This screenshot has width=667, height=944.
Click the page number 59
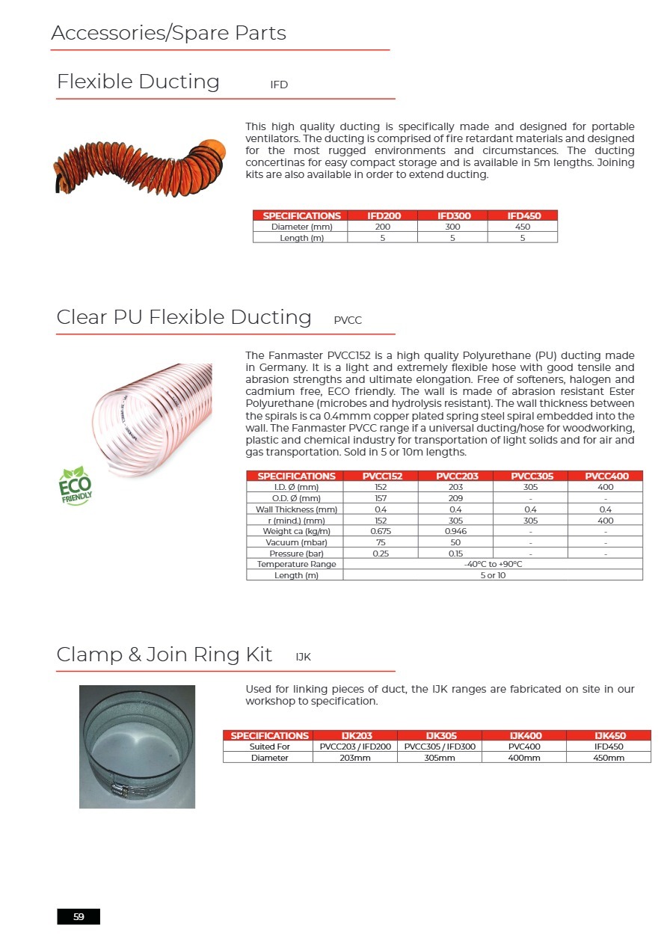point(79,916)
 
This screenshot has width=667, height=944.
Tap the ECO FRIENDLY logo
point(75,485)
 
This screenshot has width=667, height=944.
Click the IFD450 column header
point(522,215)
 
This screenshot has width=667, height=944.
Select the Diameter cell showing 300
point(452,227)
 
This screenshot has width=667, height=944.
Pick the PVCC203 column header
point(455,476)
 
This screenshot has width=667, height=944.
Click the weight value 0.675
point(381,531)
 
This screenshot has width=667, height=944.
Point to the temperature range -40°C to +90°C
point(493,564)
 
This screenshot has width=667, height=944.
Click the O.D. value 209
point(455,498)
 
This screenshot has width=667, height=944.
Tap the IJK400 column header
point(524,735)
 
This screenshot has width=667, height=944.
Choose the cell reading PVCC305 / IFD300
point(440,747)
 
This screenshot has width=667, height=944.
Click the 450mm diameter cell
point(609,758)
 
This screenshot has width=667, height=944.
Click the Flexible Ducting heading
point(138,82)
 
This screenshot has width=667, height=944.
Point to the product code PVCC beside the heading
point(348,320)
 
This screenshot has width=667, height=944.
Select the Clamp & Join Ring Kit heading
point(165,655)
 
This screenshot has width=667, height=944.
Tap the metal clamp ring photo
point(137,746)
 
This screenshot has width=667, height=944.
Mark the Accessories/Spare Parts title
point(168,34)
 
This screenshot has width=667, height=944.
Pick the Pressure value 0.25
point(381,554)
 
